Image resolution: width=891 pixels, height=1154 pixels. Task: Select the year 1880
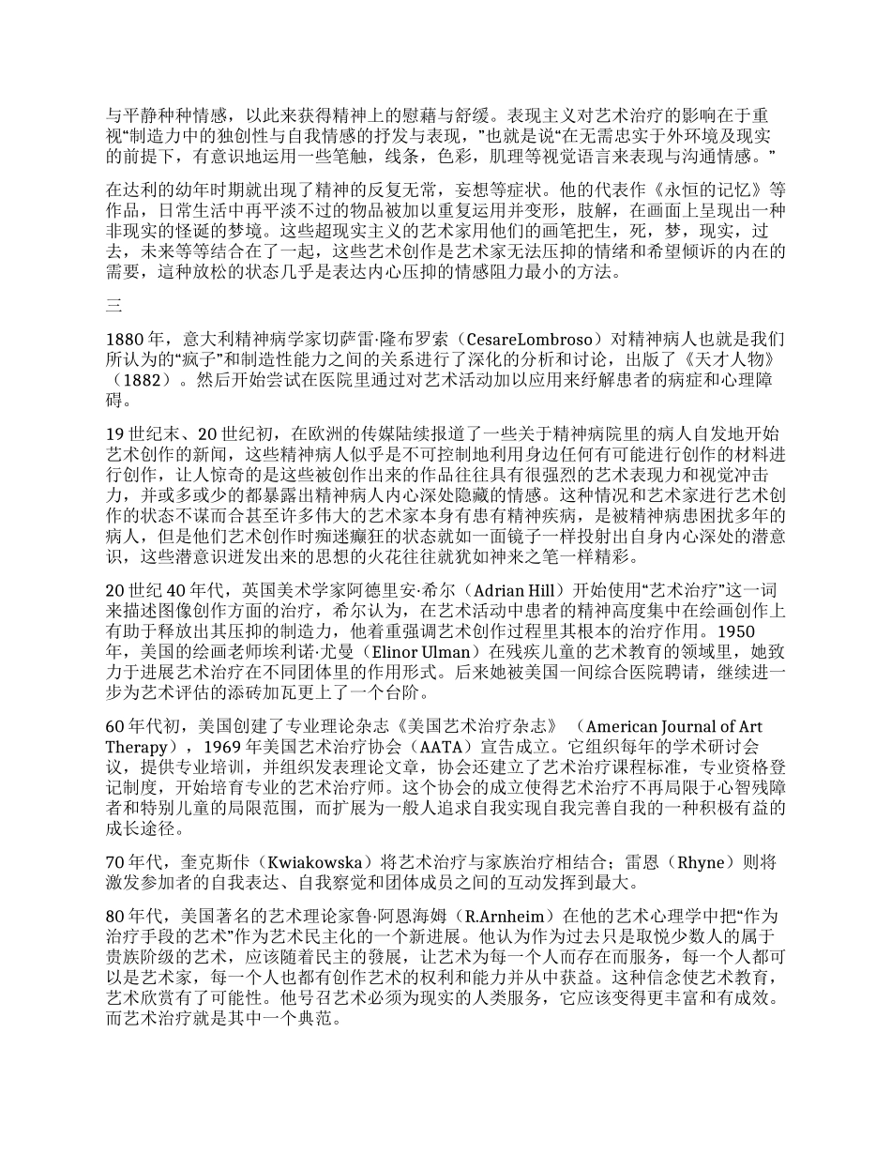coord(126,338)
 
